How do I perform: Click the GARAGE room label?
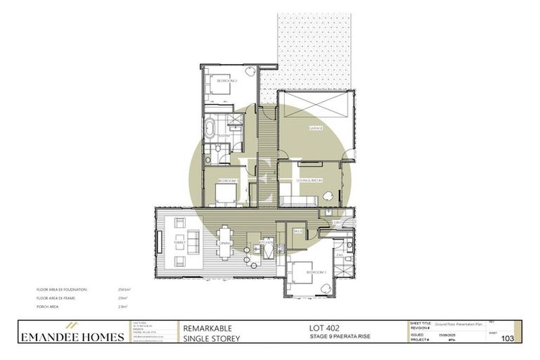coord(316,129)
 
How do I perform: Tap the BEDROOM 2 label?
coord(226,82)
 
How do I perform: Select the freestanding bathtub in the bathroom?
coord(210,129)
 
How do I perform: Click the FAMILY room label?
coord(180,243)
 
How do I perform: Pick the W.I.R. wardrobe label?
coord(297,230)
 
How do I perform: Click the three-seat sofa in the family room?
coord(162,243)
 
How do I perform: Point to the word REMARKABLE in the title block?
coord(207,328)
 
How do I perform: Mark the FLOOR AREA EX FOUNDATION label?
coord(64,289)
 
